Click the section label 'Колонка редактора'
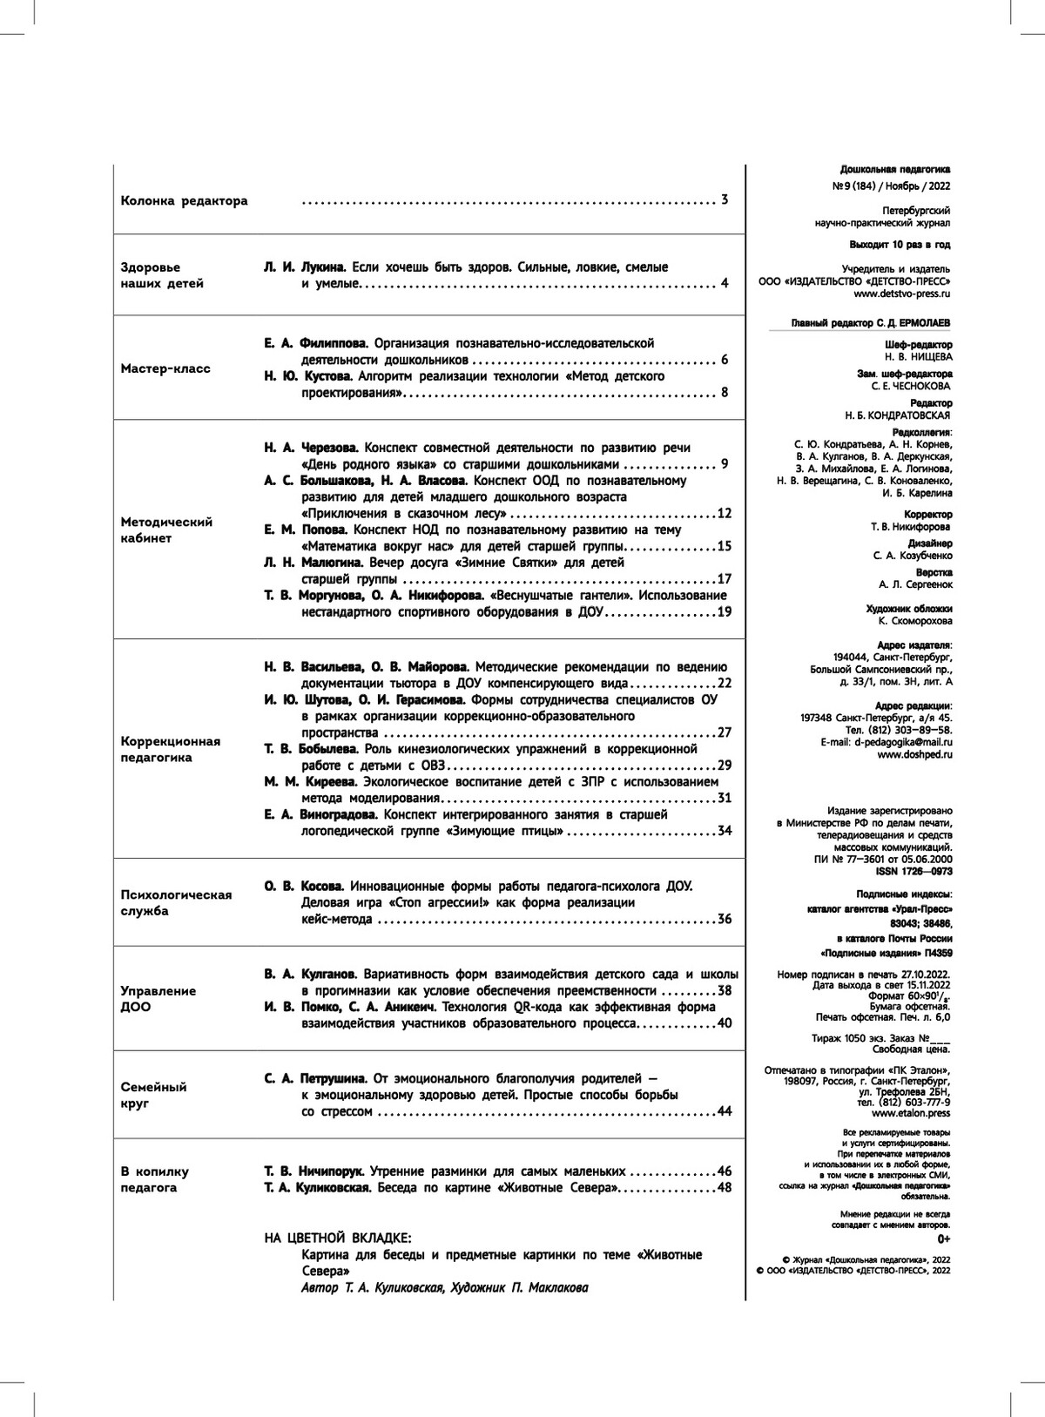click(x=184, y=201)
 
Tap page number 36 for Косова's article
click(x=724, y=919)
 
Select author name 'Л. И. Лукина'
click(x=305, y=267)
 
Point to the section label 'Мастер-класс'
click(x=165, y=368)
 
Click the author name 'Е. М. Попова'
click(x=305, y=530)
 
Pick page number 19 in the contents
click(x=724, y=612)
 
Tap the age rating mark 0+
click(x=944, y=1238)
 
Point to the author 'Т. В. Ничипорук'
click(x=313, y=1171)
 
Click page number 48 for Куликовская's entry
click(x=724, y=1188)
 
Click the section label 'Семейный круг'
click(x=153, y=1095)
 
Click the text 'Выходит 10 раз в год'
click(x=900, y=245)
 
